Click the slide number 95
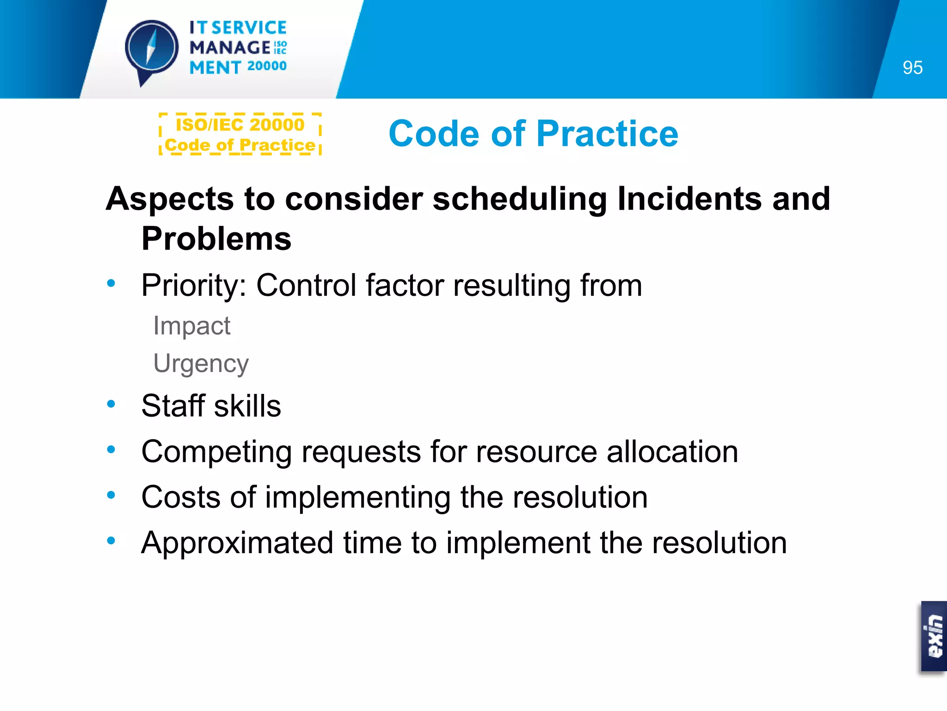tap(912, 68)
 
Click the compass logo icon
tap(151, 49)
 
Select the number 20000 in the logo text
tap(267, 66)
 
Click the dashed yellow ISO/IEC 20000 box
tap(240, 134)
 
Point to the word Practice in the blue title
tap(607, 134)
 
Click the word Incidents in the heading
tap(689, 199)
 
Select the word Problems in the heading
tap(216, 239)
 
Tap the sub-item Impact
tap(191, 326)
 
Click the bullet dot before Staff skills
tap(111, 404)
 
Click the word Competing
tap(216, 452)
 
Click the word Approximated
tap(237, 543)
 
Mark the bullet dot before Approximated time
tap(111, 540)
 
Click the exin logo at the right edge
tap(934, 636)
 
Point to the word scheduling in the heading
tap(519, 199)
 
